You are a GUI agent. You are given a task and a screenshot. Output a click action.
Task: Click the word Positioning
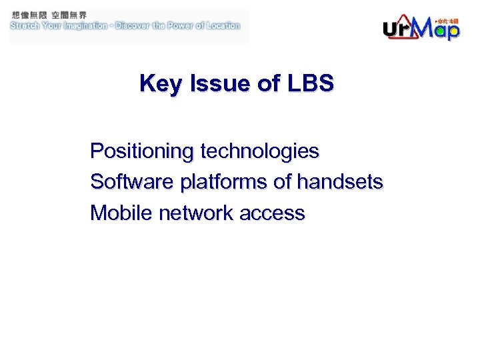(x=141, y=151)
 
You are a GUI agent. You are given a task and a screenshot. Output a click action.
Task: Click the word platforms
(x=222, y=182)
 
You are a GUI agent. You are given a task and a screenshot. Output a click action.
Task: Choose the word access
(x=271, y=213)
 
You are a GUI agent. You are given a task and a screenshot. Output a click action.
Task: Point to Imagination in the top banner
(x=82, y=26)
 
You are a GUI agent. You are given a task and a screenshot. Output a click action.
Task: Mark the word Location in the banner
(x=223, y=26)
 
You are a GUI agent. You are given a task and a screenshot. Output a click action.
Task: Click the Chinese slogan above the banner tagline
(x=49, y=15)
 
